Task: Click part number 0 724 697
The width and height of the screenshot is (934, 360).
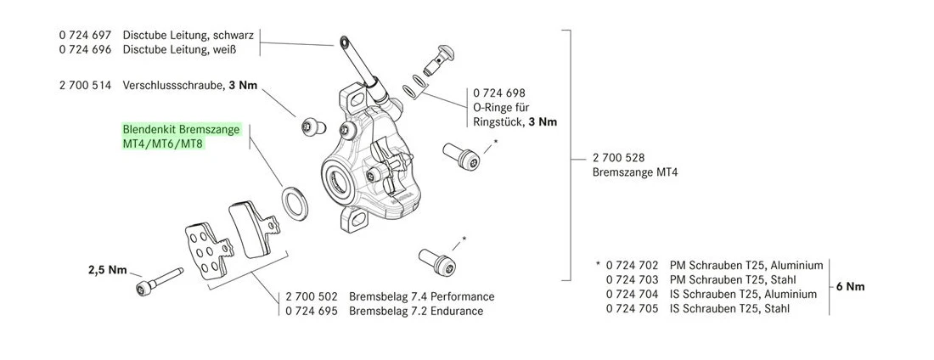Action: click(x=86, y=36)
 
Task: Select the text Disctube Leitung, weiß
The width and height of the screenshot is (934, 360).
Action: click(x=179, y=50)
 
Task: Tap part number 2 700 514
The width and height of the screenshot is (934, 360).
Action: click(x=86, y=87)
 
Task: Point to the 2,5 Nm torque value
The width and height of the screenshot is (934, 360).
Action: click(x=107, y=271)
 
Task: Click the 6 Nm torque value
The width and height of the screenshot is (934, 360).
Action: click(x=850, y=287)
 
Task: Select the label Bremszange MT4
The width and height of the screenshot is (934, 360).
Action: click(x=634, y=172)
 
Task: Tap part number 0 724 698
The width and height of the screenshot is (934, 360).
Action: click(x=498, y=92)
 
